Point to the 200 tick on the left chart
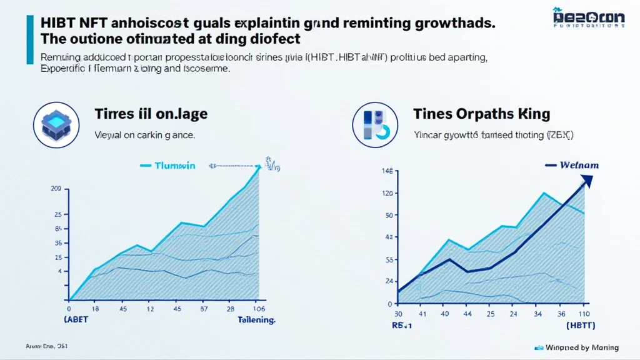[56, 189]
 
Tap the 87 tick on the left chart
[204, 309]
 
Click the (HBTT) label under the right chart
[580, 326]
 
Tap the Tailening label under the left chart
[256, 320]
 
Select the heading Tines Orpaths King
[481, 114]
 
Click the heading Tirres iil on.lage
[151, 114]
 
